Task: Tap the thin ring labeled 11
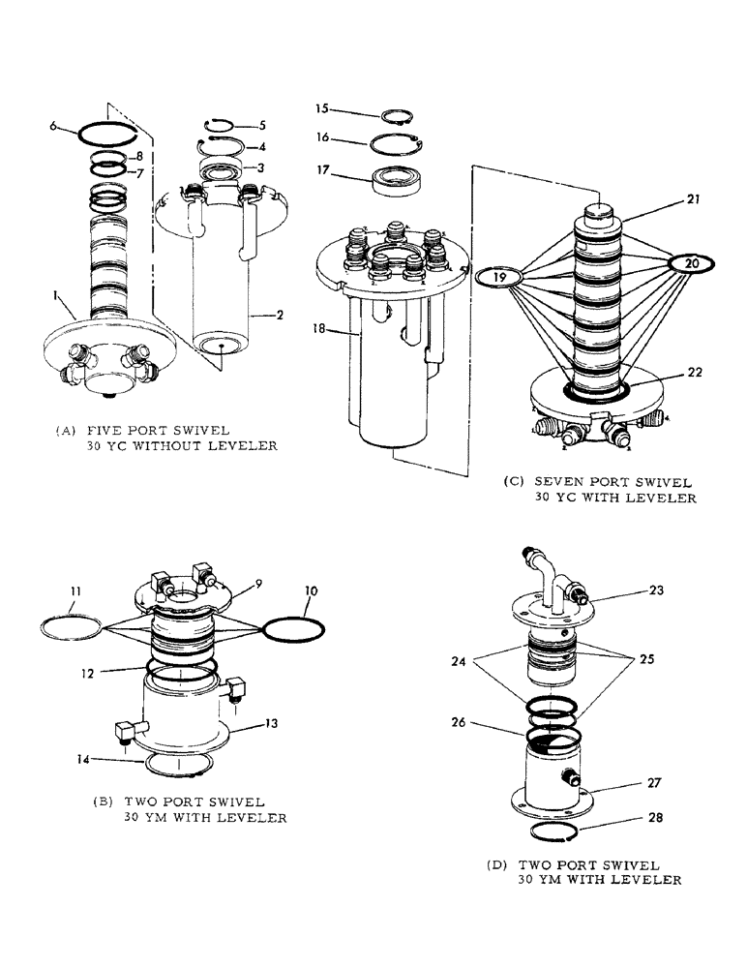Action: [71, 626]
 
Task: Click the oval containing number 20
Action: [690, 263]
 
